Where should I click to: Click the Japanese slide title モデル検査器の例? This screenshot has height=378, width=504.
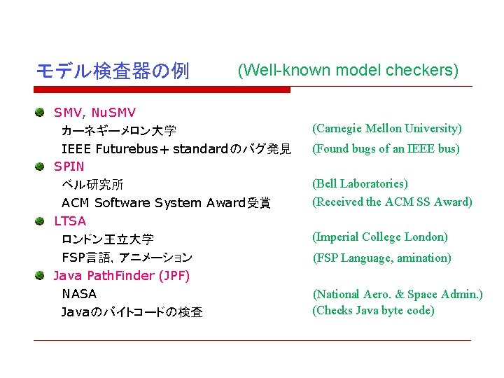112,71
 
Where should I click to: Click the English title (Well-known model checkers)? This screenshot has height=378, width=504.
348,70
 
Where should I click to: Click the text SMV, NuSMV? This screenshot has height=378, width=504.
94,112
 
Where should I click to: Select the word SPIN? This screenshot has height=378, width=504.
69,167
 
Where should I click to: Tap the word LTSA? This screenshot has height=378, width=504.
70,221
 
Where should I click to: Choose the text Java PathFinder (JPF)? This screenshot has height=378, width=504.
122,276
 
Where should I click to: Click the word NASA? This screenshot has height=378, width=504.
79,294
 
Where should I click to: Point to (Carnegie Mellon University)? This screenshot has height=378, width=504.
387,129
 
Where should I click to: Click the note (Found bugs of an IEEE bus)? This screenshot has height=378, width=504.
386,148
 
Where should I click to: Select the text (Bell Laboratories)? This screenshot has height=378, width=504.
360,184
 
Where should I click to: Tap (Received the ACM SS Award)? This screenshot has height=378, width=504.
392,202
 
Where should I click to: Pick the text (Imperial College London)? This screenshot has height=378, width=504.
380,237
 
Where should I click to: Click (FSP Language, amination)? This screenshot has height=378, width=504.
381,258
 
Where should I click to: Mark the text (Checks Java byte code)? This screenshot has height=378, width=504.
373,311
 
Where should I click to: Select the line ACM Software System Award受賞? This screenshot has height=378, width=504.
166,203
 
